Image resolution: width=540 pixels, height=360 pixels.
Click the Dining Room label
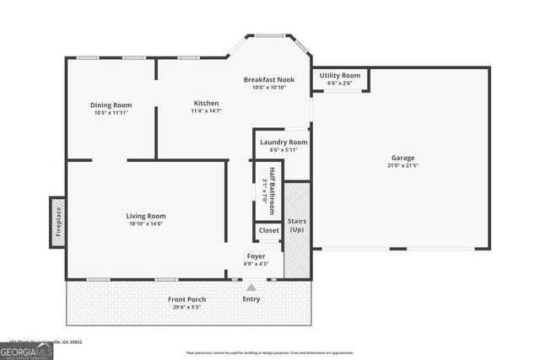point(111,105)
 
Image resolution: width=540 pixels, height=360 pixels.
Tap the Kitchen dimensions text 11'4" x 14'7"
point(204,110)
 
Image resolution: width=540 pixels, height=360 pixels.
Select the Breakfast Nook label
point(269,80)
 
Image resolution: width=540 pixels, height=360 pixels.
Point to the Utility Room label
point(340,75)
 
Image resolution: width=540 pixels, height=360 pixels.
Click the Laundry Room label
point(283,142)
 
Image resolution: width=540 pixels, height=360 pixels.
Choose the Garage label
point(402,158)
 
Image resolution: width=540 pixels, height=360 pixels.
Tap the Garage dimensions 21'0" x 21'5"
point(402,165)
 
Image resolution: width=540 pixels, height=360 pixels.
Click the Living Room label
point(146,216)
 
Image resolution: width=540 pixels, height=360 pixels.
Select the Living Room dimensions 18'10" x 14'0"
point(146,223)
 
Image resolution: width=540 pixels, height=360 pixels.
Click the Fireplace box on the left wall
point(57,222)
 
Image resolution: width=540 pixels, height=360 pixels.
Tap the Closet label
point(268,230)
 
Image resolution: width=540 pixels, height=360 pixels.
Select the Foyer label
point(256,256)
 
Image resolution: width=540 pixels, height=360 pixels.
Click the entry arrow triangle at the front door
point(251,287)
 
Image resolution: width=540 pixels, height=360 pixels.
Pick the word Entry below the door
point(251,298)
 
